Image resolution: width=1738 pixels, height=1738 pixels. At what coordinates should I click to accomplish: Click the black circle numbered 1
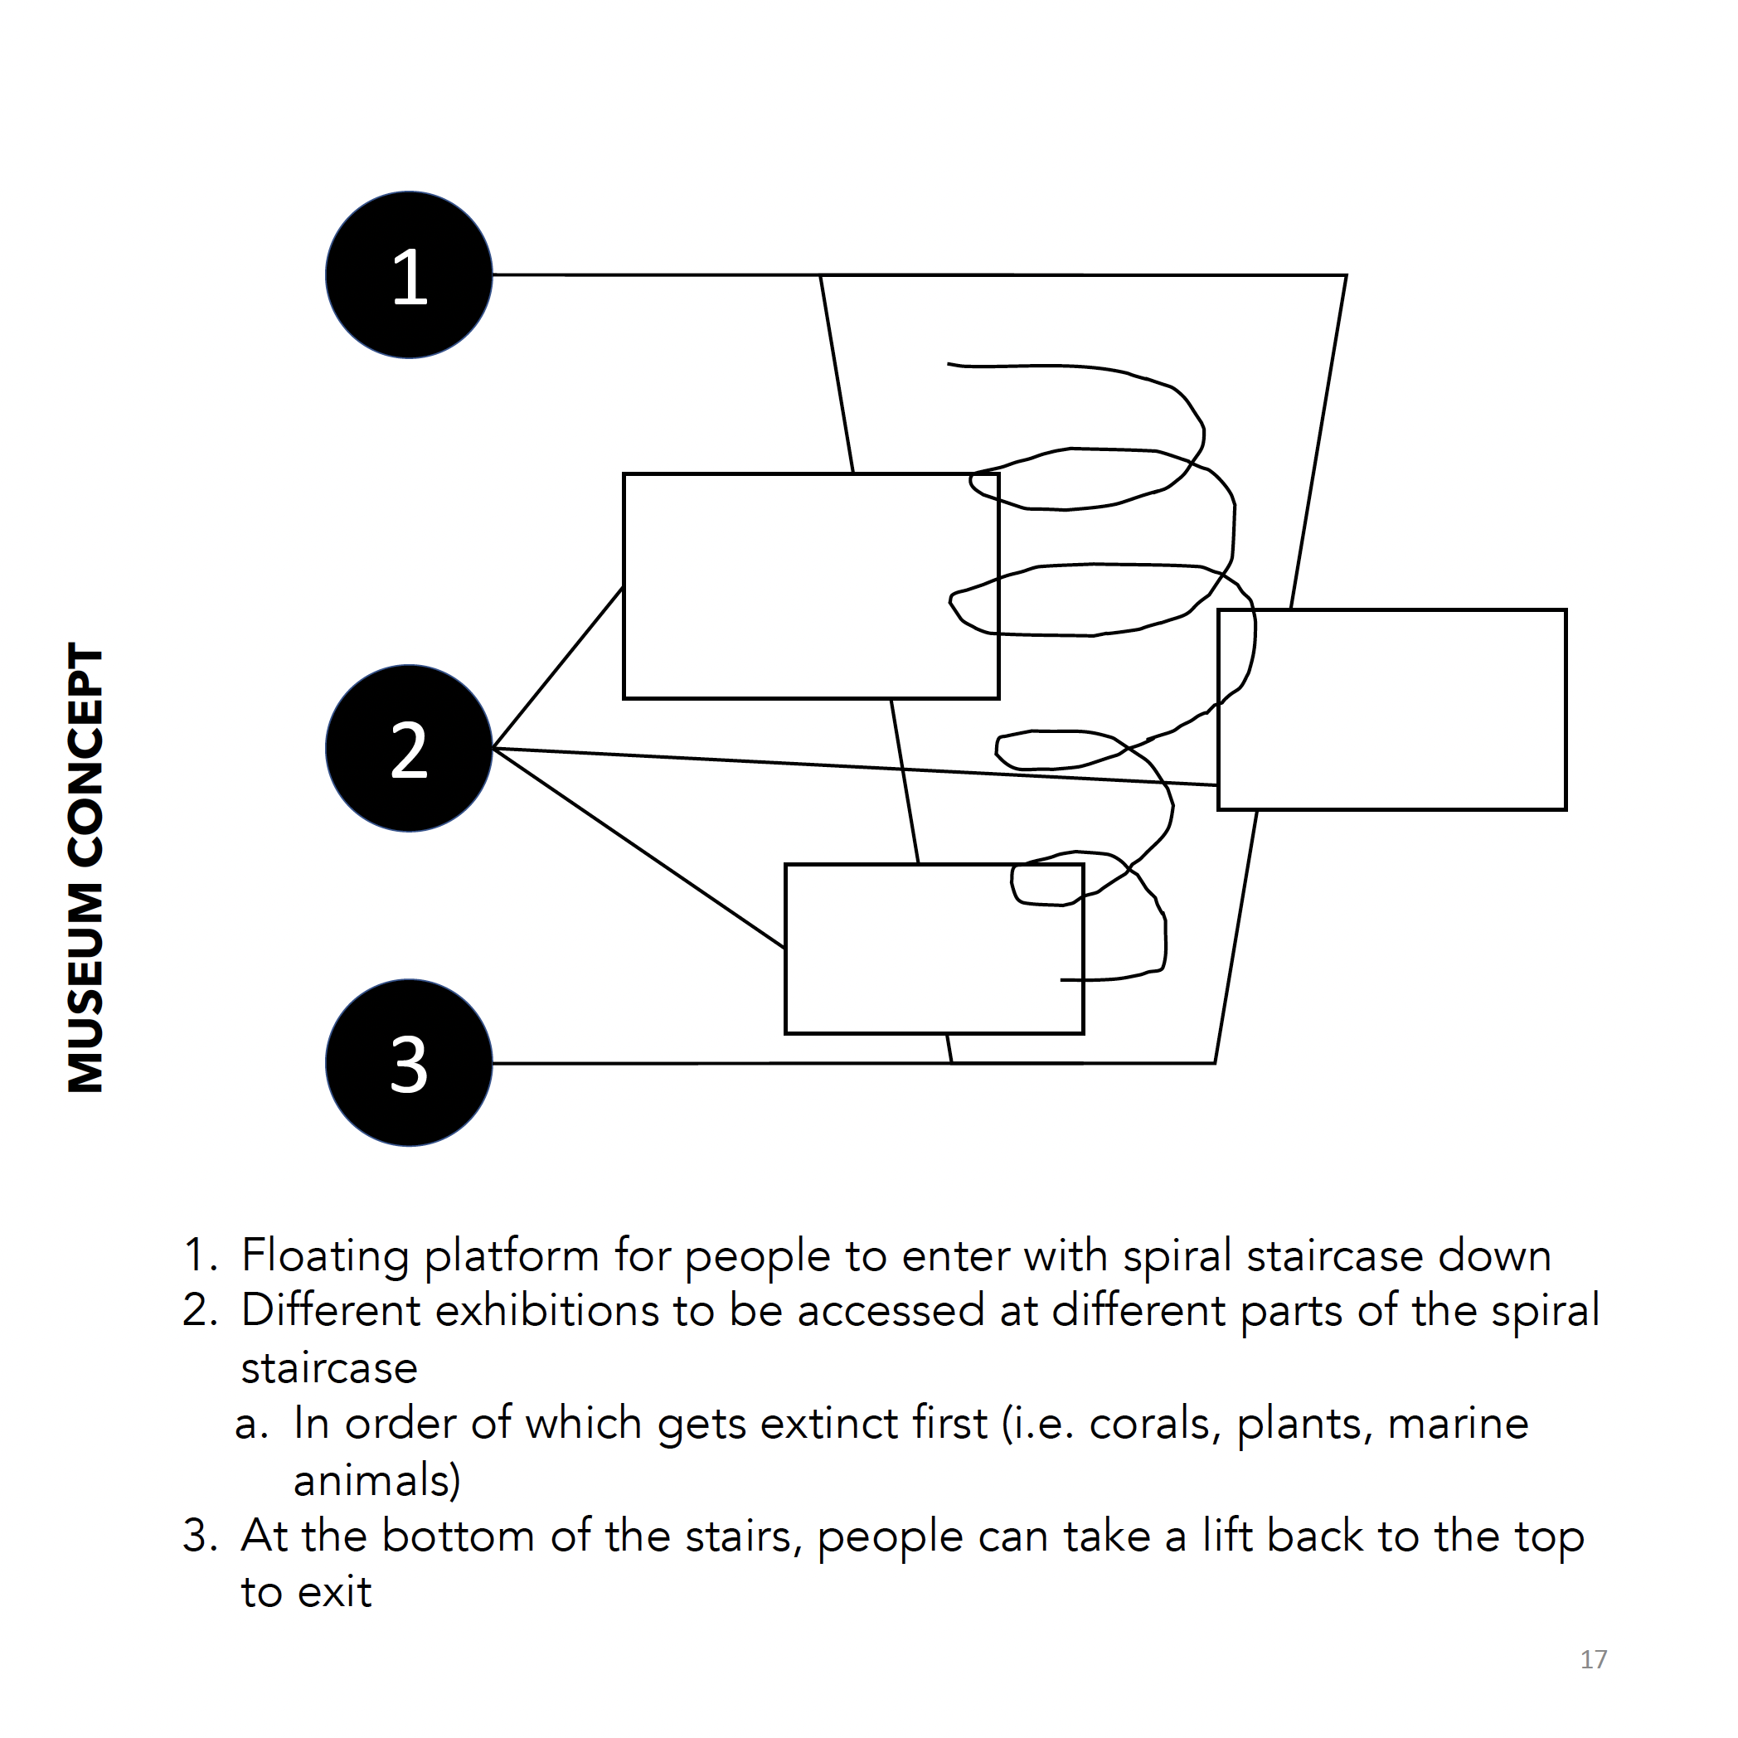(x=409, y=274)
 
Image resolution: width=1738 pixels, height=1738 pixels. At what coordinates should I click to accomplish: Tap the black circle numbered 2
(x=409, y=749)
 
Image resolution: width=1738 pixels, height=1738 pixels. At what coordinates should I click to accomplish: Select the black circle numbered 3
(x=409, y=1062)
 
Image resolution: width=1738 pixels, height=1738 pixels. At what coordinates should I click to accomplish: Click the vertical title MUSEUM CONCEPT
(x=86, y=868)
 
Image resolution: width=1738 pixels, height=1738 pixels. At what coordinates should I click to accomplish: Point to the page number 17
(x=1593, y=1659)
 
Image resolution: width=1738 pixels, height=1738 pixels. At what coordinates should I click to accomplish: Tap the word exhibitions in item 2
(x=547, y=1311)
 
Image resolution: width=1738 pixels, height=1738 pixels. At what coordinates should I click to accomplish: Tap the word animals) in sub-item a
(x=376, y=1480)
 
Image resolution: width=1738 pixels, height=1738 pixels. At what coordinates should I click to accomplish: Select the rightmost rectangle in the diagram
(x=1391, y=710)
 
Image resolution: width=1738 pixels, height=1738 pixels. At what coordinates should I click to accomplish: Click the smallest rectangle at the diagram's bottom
(x=934, y=949)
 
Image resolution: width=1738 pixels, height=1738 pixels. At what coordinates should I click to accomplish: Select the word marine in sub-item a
(x=1458, y=1423)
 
